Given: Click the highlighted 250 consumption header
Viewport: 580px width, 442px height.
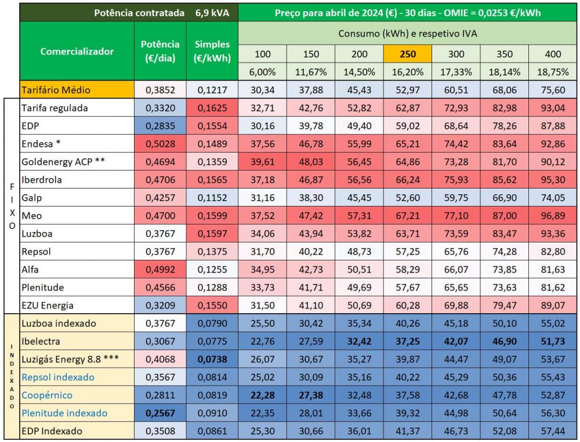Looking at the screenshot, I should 407,54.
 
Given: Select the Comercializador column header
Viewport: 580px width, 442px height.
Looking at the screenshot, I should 77,51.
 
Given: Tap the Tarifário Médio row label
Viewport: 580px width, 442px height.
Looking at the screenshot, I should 56,90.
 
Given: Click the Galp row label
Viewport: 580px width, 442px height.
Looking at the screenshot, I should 32,198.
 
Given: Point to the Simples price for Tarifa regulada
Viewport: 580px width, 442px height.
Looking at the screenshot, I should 212,108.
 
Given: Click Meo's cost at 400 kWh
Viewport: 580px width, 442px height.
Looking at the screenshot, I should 553,216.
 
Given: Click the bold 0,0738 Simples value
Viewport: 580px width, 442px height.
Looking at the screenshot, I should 212,359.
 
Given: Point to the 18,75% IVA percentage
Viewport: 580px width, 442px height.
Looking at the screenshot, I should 553,72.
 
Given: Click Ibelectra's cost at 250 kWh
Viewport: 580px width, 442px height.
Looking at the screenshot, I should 407,341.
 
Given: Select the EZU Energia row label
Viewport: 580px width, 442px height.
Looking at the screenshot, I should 48,305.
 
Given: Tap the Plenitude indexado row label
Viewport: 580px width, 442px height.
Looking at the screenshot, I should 64,413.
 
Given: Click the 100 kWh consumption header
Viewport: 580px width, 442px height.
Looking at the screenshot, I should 263,54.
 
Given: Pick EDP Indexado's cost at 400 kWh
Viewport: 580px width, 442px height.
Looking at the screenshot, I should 553,431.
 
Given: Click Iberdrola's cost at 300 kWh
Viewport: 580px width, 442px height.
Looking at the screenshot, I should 456,180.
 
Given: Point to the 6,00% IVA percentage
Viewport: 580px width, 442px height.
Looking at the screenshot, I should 263,72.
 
